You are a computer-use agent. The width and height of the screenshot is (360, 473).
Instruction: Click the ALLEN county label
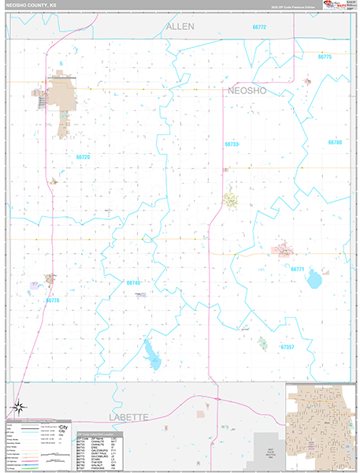coord(180,28)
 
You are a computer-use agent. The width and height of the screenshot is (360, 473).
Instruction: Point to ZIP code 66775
coord(325,57)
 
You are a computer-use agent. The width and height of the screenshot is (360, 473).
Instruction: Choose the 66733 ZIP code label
coord(253,144)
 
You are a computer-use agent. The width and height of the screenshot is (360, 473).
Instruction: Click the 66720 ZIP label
coord(84,157)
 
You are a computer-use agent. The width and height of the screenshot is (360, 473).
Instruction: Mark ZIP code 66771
coord(297,269)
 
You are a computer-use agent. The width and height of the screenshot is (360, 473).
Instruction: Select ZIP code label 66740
coord(133,282)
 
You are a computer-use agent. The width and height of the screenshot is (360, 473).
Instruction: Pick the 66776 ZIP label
coord(52,300)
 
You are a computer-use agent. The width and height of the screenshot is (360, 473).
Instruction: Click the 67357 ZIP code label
coord(287,346)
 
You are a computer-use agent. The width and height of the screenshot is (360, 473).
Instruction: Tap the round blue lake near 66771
coord(315,279)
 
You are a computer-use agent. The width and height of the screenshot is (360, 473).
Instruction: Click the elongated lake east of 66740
coord(151,352)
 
